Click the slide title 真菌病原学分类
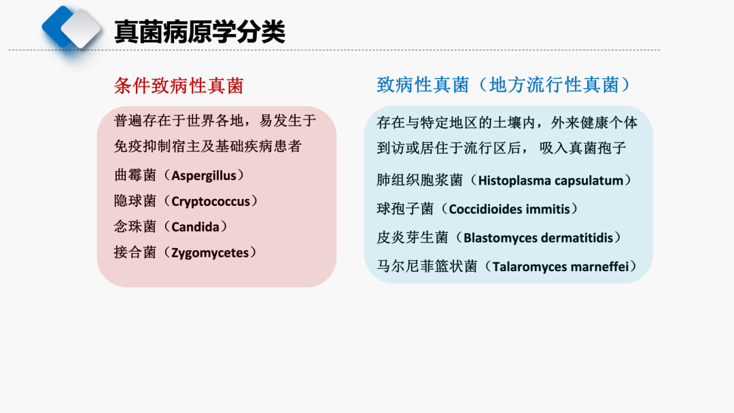click(x=200, y=32)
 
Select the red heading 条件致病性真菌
click(x=179, y=86)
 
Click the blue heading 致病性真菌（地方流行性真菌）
click(x=504, y=85)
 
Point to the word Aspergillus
click(x=204, y=176)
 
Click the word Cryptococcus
click(x=211, y=202)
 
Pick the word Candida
click(x=195, y=227)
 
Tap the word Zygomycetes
click(x=210, y=253)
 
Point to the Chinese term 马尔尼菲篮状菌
click(x=427, y=266)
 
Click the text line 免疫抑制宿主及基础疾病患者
click(x=207, y=147)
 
